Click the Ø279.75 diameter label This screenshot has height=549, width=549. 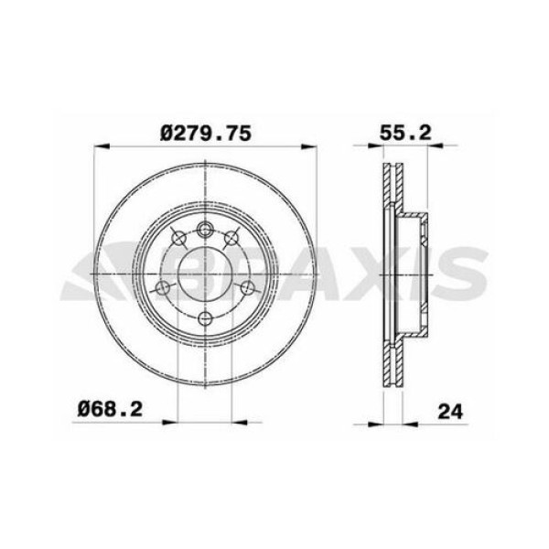[x=206, y=134]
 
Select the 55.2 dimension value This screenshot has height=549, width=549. [x=405, y=133]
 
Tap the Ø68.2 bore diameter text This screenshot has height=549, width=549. [x=110, y=409]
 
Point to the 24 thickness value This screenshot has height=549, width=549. [x=450, y=412]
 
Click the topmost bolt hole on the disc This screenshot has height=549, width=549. [x=205, y=230]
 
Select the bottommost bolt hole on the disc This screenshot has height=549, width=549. [x=205, y=318]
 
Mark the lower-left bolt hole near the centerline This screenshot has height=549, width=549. [x=162, y=288]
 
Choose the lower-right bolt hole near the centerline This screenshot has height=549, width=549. [x=248, y=288]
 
